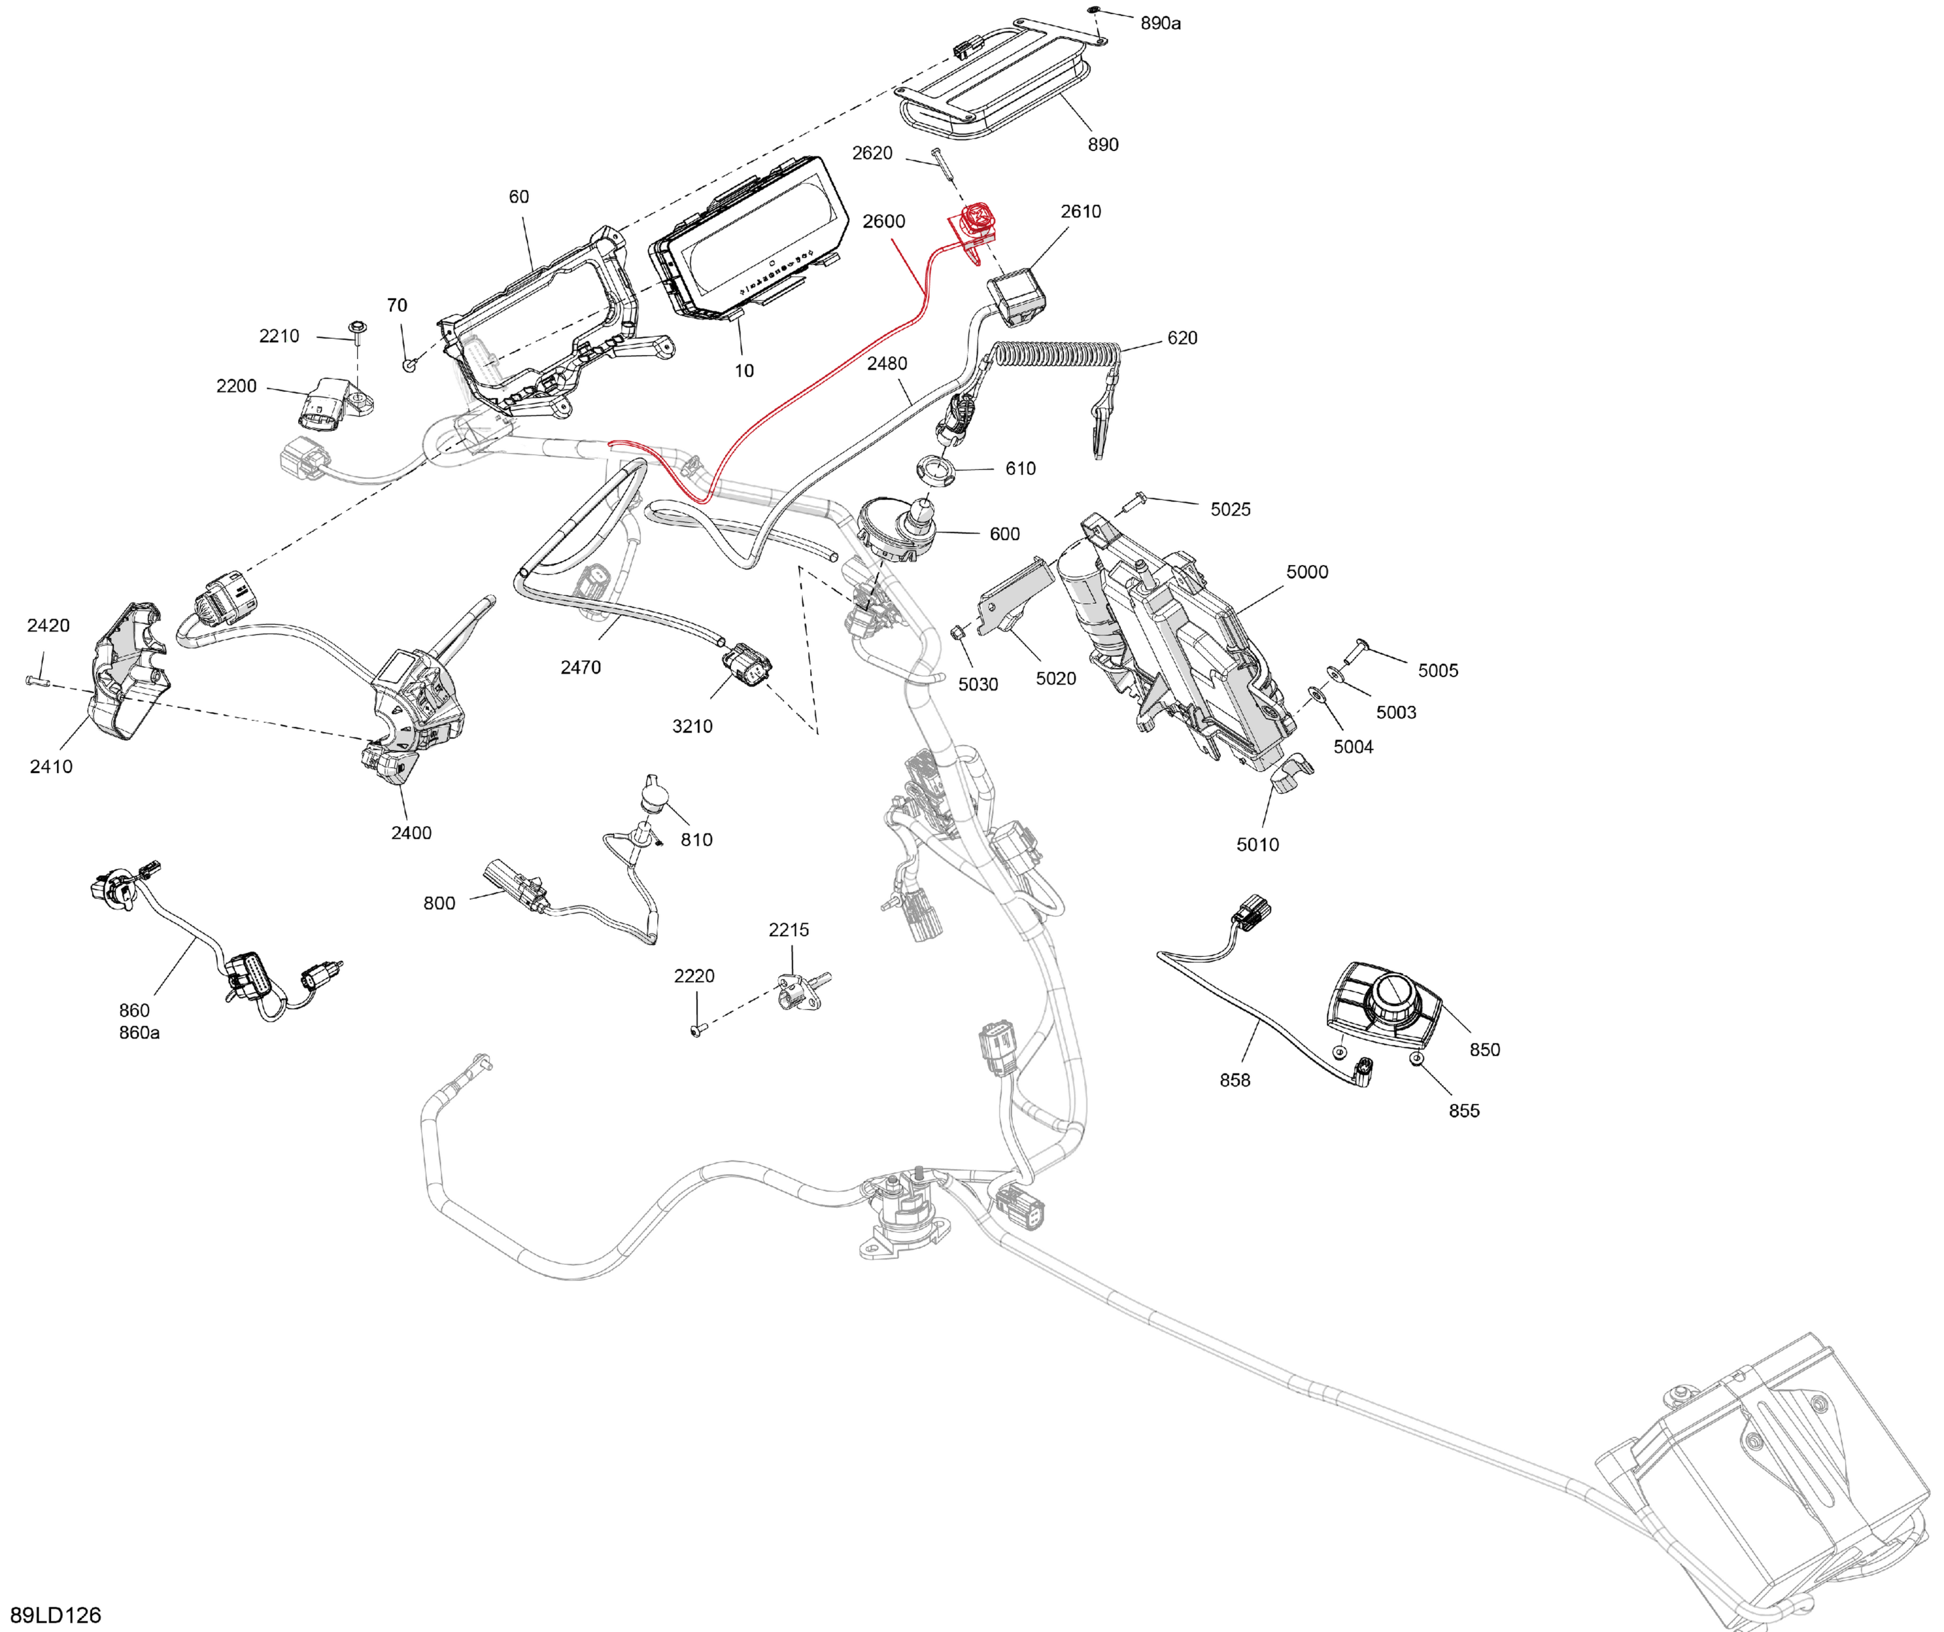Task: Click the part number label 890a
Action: pos(1160,23)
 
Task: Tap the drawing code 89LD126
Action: pos(56,1615)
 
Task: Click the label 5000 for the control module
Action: pos(1307,572)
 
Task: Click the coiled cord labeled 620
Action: pos(1056,356)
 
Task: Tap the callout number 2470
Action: pos(581,667)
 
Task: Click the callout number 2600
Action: pos(884,221)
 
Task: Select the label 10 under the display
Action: pos(745,371)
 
